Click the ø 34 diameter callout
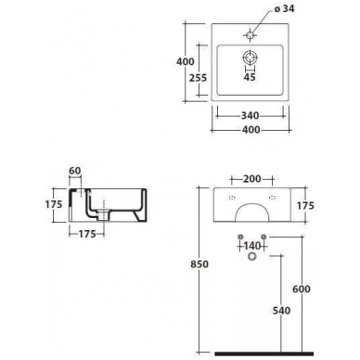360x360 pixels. (x=284, y=8)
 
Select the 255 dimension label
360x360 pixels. (x=198, y=78)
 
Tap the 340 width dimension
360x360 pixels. (x=250, y=115)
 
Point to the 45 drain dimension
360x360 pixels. (x=250, y=77)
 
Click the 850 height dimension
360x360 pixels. (x=199, y=264)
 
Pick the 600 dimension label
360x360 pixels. (x=302, y=289)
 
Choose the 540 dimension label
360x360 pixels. (x=281, y=310)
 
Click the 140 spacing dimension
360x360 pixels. (x=251, y=246)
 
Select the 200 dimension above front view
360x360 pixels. (x=252, y=179)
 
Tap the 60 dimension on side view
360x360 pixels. (x=74, y=171)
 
